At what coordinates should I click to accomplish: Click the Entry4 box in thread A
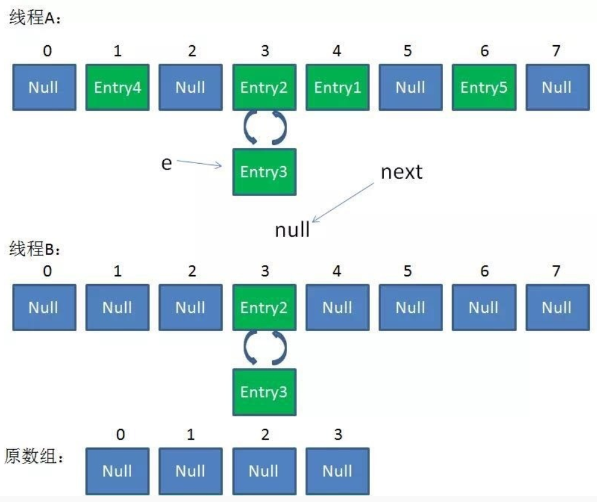click(x=117, y=87)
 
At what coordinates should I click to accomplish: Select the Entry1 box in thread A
click(x=338, y=87)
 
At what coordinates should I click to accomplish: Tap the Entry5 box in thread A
click(x=484, y=87)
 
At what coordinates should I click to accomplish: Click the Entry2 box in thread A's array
click(x=264, y=87)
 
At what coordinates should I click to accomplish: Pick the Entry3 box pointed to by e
click(x=264, y=172)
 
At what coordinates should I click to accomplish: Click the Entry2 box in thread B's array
click(x=264, y=308)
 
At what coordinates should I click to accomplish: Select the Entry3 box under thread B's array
click(x=264, y=392)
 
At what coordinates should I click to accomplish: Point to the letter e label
click(x=166, y=163)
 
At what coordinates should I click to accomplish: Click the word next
click(x=402, y=172)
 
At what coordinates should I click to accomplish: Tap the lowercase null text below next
click(x=292, y=229)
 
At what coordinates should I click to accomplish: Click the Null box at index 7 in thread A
click(x=557, y=87)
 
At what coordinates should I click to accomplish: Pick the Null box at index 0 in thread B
click(x=44, y=308)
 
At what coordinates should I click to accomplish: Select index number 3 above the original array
click(x=338, y=435)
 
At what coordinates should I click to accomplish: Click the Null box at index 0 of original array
click(x=117, y=471)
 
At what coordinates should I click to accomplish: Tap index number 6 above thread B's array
click(x=484, y=271)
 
